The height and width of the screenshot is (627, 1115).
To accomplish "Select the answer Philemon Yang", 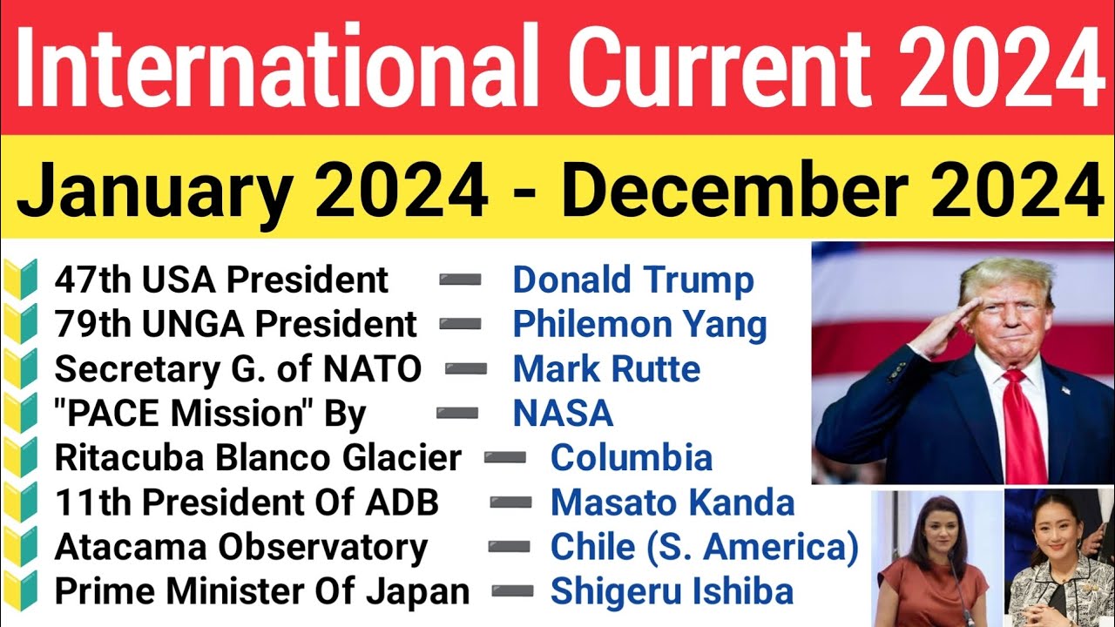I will tap(639, 325).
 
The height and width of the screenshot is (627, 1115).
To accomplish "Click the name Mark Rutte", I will tap(606, 369).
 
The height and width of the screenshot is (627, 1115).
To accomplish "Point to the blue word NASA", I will tap(563, 414).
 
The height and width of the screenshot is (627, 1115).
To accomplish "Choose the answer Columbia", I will tap(632, 458).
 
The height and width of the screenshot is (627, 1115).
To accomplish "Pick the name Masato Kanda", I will tap(672, 502).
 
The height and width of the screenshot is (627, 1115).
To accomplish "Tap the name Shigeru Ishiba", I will tap(672, 592).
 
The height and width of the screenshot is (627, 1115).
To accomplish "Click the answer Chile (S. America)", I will tap(704, 547).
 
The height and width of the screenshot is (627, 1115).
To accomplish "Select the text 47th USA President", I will tap(221, 280).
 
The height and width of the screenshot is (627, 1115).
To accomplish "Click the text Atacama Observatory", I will tap(241, 547).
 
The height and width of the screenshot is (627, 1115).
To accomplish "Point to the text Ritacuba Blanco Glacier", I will tap(258, 458).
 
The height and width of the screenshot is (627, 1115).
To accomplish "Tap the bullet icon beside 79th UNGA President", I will tap(23, 325).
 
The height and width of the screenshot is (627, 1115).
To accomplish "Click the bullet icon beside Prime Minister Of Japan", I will tap(23, 592).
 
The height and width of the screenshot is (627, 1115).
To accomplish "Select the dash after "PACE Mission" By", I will tap(456, 414).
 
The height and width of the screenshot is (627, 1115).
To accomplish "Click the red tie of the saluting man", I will tap(1023, 427).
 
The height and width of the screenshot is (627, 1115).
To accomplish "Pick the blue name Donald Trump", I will tap(632, 280).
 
